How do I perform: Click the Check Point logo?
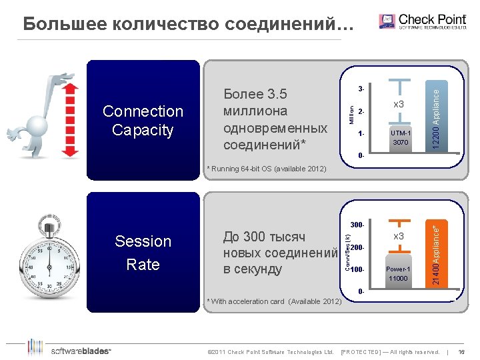click(x=423, y=21)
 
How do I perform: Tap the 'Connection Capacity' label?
click(x=143, y=121)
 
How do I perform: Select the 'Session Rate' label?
click(x=143, y=253)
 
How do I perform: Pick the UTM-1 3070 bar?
click(x=400, y=137)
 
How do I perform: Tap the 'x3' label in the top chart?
click(x=399, y=105)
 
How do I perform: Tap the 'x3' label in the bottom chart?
click(x=399, y=236)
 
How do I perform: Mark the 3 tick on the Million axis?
click(x=361, y=89)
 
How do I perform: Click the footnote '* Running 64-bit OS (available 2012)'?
click(x=267, y=169)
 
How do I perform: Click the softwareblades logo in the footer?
click(x=70, y=349)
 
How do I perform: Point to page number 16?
click(x=462, y=351)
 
